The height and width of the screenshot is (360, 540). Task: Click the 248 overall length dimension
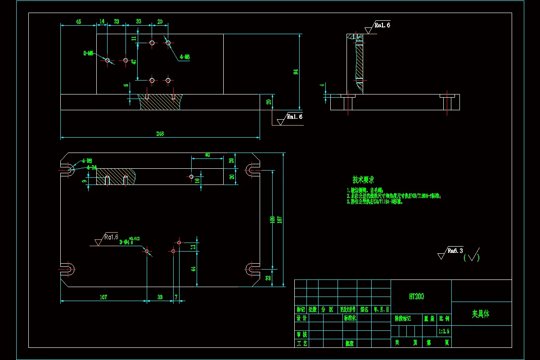[x=160, y=134]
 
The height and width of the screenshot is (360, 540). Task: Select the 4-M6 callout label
[x=184, y=57]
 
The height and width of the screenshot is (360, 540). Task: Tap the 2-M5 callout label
[x=88, y=53]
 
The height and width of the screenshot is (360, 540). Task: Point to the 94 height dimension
[x=296, y=72]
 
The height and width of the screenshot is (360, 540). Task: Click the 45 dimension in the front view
[x=78, y=22]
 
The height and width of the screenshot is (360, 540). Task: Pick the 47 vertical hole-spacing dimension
[x=134, y=62]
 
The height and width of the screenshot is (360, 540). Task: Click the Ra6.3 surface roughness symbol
[x=455, y=251]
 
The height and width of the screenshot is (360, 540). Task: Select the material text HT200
[x=416, y=297]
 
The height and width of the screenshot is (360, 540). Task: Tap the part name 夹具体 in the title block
[x=480, y=314]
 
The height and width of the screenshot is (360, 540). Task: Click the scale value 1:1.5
[x=444, y=331]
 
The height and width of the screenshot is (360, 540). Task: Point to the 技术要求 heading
[x=364, y=180]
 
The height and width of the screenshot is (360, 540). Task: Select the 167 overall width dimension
[x=280, y=220]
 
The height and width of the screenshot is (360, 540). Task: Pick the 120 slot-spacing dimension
[x=272, y=220]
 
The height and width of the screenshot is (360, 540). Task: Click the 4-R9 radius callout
[x=87, y=161]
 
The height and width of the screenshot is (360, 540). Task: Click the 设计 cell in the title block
[x=301, y=318]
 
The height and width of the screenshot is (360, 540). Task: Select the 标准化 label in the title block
[x=350, y=318]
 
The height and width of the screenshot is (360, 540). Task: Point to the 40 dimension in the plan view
[x=207, y=155]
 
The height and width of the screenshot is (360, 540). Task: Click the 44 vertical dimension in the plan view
[x=193, y=269]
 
